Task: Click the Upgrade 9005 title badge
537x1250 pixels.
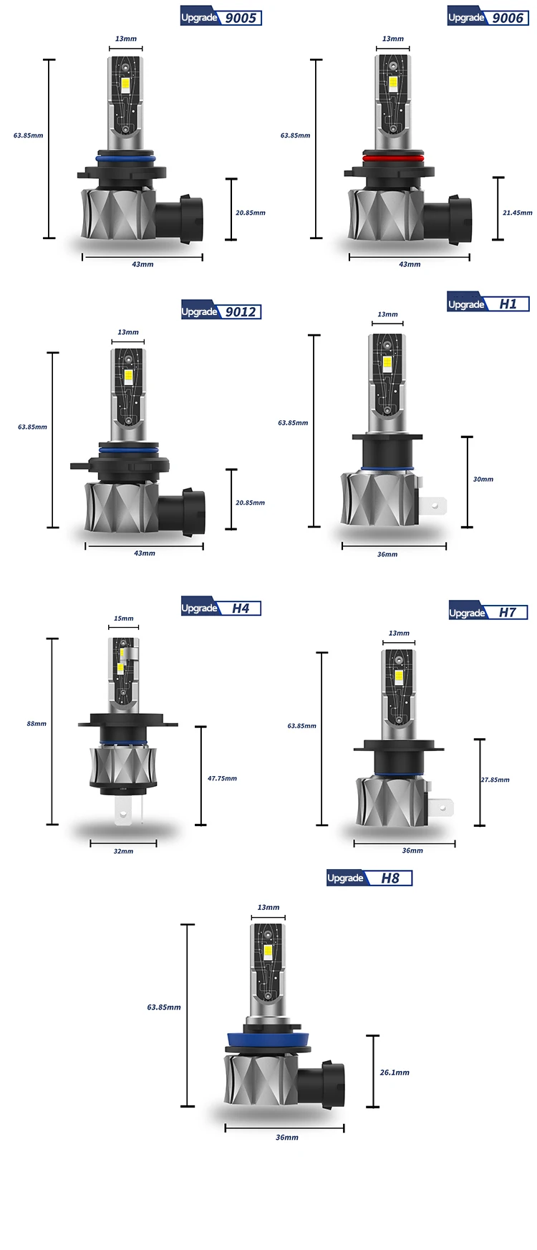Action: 221,17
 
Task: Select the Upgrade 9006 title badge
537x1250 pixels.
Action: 488,17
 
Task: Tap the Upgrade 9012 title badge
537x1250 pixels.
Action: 221,311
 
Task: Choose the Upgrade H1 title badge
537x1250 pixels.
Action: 488,304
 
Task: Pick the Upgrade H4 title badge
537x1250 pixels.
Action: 221,608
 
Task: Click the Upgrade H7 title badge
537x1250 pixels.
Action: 488,612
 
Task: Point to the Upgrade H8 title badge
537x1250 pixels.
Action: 369,878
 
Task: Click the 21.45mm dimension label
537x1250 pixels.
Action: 517,213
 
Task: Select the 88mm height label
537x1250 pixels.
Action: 37,724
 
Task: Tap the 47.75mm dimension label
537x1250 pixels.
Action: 222,778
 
